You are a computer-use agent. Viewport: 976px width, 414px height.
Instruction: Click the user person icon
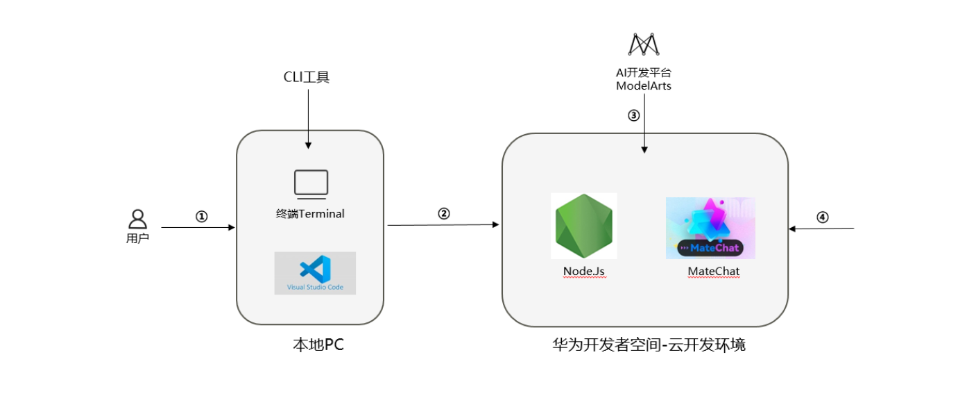pyautogui.click(x=138, y=219)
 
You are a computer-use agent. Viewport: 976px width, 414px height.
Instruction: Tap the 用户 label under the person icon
pyautogui.click(x=138, y=238)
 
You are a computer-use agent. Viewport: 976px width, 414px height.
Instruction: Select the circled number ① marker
pyautogui.click(x=201, y=217)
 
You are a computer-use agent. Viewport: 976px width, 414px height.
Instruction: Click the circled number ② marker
pyautogui.click(x=444, y=214)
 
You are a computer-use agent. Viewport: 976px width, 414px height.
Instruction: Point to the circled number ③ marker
pyautogui.click(x=633, y=116)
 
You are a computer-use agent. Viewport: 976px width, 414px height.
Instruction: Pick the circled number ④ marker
pyautogui.click(x=822, y=217)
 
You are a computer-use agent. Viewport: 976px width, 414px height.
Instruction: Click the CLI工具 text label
pyautogui.click(x=307, y=76)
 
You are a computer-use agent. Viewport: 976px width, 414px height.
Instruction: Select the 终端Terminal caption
pyautogui.click(x=310, y=214)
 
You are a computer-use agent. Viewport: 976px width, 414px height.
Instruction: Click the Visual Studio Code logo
pyautogui.click(x=315, y=273)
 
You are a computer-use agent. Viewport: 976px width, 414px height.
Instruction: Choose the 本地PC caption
pyautogui.click(x=318, y=345)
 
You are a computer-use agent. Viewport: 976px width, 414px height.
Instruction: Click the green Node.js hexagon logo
pyautogui.click(x=584, y=226)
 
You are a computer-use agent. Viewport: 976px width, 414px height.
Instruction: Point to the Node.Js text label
pyautogui.click(x=584, y=271)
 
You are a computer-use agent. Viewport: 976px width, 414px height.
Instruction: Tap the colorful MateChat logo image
pyautogui.click(x=710, y=228)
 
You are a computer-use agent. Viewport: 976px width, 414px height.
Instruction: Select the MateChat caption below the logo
pyautogui.click(x=714, y=271)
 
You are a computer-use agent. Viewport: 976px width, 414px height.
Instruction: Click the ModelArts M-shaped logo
pyautogui.click(x=644, y=44)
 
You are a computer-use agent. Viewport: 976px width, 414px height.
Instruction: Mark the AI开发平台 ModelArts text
pyautogui.click(x=644, y=79)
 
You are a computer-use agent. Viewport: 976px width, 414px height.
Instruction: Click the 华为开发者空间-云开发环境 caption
pyautogui.click(x=649, y=345)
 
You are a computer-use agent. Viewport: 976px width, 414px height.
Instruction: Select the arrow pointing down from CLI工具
pyautogui.click(x=308, y=118)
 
